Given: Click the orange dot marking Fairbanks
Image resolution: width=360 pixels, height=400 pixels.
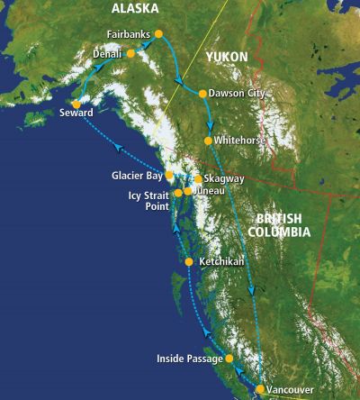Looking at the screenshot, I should (x=158, y=33).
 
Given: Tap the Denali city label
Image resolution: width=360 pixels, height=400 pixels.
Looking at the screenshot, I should (x=110, y=54).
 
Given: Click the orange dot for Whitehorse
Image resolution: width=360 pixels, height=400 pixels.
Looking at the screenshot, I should (x=208, y=141).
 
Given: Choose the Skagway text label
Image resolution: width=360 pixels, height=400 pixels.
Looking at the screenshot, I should (x=222, y=179).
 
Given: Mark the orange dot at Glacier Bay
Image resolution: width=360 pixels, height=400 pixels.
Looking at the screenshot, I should (x=168, y=175).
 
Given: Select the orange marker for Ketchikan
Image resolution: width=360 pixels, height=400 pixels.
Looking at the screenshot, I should (x=188, y=262).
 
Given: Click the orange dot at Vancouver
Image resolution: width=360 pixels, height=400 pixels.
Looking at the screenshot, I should (x=260, y=389).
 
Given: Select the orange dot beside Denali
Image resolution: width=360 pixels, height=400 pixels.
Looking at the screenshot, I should (x=130, y=53).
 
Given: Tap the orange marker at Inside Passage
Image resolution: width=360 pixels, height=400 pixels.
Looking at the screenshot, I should (x=229, y=359).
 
